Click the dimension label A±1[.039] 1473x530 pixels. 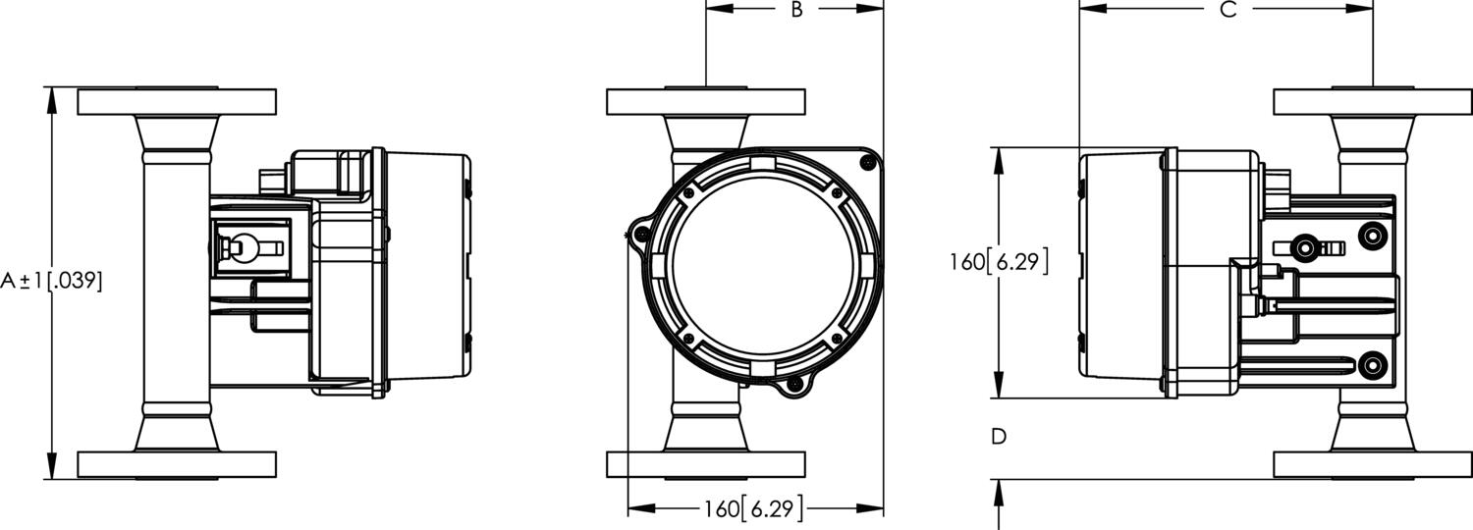(x=50, y=281)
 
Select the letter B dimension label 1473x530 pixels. (x=796, y=10)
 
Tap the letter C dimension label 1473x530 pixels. (x=1227, y=10)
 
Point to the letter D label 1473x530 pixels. (x=999, y=437)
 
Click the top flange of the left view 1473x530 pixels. (x=177, y=101)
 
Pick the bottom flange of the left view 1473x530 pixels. (x=177, y=463)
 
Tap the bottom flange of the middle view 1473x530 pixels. (x=706, y=463)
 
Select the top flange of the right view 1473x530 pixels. (x=1373, y=101)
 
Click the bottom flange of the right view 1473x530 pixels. (x=1373, y=463)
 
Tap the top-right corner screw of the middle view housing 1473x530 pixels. (x=865, y=161)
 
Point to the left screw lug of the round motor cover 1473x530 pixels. (x=639, y=233)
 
